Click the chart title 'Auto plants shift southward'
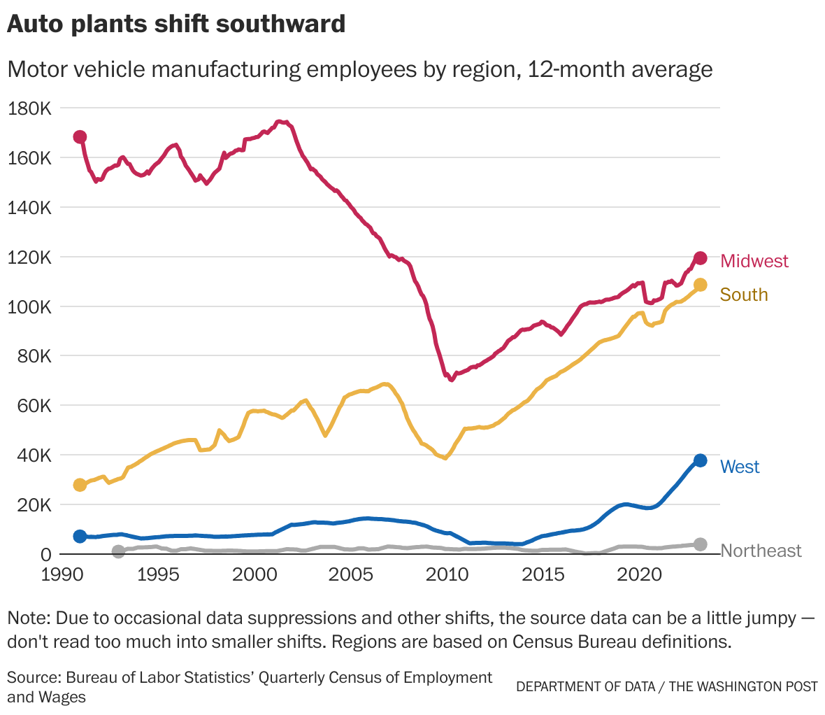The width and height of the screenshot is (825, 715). pos(176,24)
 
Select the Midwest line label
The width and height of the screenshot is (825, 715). pos(754,261)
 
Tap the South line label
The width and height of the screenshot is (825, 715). pos(744,295)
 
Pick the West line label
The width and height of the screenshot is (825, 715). pos(740,467)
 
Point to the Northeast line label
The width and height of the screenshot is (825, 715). pos(761,551)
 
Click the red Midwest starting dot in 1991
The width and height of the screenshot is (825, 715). pos(80,136)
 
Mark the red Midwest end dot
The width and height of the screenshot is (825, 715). pos(700,258)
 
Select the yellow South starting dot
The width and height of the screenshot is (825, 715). pos(80,485)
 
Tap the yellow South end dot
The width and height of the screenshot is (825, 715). pos(700,285)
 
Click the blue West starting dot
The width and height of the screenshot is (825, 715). pos(80,536)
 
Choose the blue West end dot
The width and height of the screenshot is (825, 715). pos(700,460)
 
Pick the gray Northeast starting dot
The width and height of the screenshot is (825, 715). pos(118,551)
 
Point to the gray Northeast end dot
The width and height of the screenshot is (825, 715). pos(700,544)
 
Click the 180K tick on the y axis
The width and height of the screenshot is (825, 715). pos(29,108)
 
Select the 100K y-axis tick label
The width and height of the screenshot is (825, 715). pos(29,307)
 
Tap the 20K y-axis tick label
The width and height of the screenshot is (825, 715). pos(34,505)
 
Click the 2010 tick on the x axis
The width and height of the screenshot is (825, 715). pos(446,574)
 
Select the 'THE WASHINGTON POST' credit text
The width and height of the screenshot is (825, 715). pos(742,686)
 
